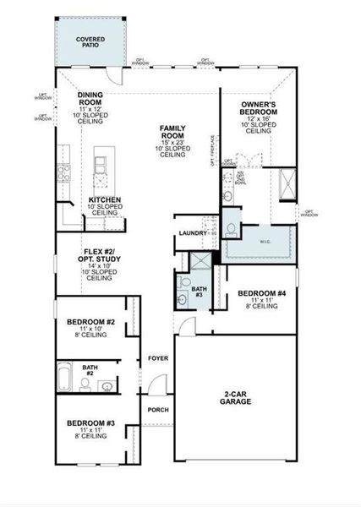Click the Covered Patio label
point(90,41)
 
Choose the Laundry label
point(193,233)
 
